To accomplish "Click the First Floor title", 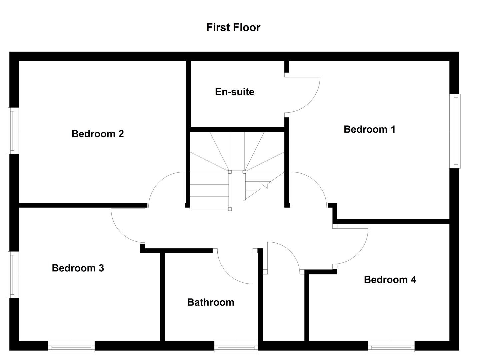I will tap(233, 27).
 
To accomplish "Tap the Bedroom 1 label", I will tap(369, 129).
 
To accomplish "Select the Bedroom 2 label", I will tap(98, 134).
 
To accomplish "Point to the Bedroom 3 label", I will tap(78, 268).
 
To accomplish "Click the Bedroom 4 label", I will tap(390, 280).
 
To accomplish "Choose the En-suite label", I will tap(234, 92).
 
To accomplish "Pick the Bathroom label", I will tap(211, 302).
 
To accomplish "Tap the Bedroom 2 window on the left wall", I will tap(13, 131).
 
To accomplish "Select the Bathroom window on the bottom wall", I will tap(236, 346).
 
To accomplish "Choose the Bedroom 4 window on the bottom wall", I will tap(391, 346).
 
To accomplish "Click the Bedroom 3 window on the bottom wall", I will tap(71, 346).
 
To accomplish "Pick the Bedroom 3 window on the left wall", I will tap(13, 274).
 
